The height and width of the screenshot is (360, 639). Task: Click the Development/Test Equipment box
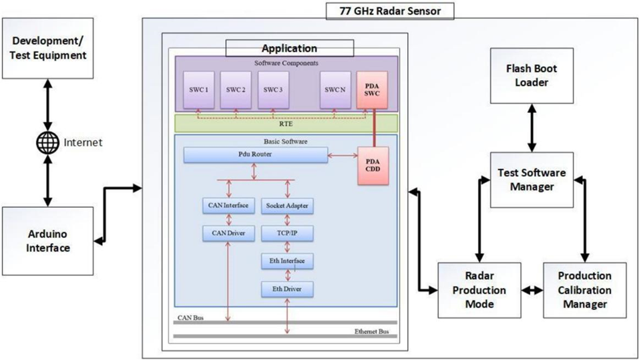pyautogui.click(x=47, y=47)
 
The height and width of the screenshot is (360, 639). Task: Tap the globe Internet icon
pyautogui.click(x=47, y=142)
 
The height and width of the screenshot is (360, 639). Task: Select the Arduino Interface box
pyautogui.click(x=47, y=239)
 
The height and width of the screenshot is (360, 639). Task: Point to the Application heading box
pyautogui.click(x=289, y=48)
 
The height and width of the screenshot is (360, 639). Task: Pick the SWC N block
pyautogui.click(x=333, y=90)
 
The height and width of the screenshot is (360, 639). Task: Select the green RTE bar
pyautogui.click(x=286, y=123)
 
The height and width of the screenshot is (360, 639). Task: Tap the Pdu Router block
pyautogui.click(x=254, y=155)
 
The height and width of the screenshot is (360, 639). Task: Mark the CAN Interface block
pyautogui.click(x=227, y=205)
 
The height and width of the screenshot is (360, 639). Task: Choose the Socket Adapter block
pyautogui.click(x=286, y=205)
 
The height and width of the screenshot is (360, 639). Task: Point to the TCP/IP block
pyautogui.click(x=286, y=233)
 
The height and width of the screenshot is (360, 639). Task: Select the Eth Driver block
pyautogui.click(x=286, y=289)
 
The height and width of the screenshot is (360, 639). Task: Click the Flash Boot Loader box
pyautogui.click(x=531, y=75)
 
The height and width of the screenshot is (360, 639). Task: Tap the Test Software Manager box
pyautogui.click(x=531, y=180)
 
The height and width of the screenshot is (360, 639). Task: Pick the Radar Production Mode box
pyautogui.click(x=478, y=290)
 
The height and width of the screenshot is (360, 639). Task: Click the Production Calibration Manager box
pyautogui.click(x=584, y=290)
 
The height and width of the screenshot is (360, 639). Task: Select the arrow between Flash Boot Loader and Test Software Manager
pyautogui.click(x=531, y=127)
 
